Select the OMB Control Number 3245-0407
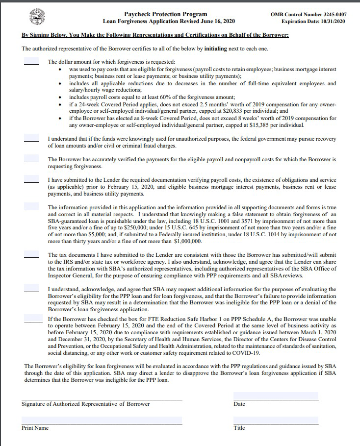(x=308, y=14)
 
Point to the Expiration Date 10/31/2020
(x=314, y=22)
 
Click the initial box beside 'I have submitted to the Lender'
(x=31, y=180)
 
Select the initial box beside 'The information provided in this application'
(x=31, y=207)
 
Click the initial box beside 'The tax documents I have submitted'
(x=31, y=255)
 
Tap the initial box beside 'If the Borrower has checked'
(x=31, y=319)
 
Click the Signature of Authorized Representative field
(x=102, y=396)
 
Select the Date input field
(x=276, y=396)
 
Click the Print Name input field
(x=102, y=420)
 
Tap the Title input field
(x=276, y=420)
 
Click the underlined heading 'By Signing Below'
(x=155, y=35)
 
